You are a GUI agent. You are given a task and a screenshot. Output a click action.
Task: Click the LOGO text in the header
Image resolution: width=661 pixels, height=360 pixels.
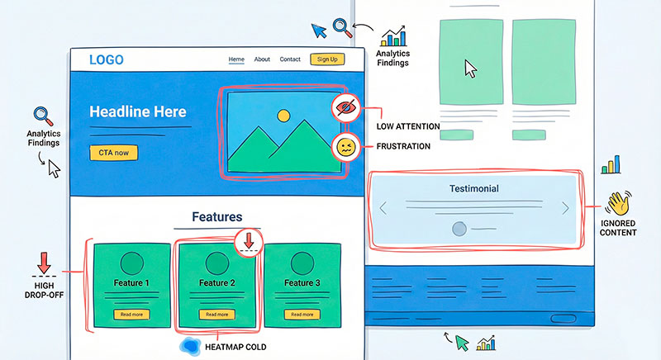click(107, 59)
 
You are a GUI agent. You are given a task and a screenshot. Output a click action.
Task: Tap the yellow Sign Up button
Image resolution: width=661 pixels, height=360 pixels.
click(326, 59)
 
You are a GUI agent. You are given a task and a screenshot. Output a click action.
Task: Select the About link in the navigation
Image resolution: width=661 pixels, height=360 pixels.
click(262, 59)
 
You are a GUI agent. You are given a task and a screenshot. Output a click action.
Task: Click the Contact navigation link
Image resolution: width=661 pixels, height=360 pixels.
click(290, 59)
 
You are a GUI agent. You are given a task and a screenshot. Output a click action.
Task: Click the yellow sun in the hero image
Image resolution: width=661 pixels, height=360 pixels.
click(283, 116)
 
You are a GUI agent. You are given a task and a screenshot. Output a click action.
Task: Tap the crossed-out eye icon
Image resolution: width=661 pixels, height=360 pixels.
click(345, 107)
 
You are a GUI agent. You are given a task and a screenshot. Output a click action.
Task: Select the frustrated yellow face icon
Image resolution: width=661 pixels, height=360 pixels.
click(345, 148)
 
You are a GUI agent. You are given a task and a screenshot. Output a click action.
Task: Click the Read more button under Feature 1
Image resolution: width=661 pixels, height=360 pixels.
click(131, 314)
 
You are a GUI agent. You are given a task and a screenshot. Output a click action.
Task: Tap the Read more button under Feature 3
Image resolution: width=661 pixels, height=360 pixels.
click(303, 314)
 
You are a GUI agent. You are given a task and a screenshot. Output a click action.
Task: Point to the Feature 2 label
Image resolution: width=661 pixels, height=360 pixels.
click(216, 283)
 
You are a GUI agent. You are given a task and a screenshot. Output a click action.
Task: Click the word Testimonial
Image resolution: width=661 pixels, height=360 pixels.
click(473, 188)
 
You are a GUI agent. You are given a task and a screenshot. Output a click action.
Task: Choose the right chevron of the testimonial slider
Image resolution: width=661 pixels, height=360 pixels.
click(565, 209)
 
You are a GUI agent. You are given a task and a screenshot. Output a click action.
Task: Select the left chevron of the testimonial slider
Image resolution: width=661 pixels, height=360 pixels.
click(383, 209)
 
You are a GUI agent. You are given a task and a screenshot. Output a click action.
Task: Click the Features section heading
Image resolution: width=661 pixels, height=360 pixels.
click(217, 216)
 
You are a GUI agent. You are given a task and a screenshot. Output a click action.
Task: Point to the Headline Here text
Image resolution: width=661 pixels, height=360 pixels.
click(137, 112)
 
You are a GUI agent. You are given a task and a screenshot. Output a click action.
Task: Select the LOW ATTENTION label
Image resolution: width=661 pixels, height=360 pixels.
click(408, 126)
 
